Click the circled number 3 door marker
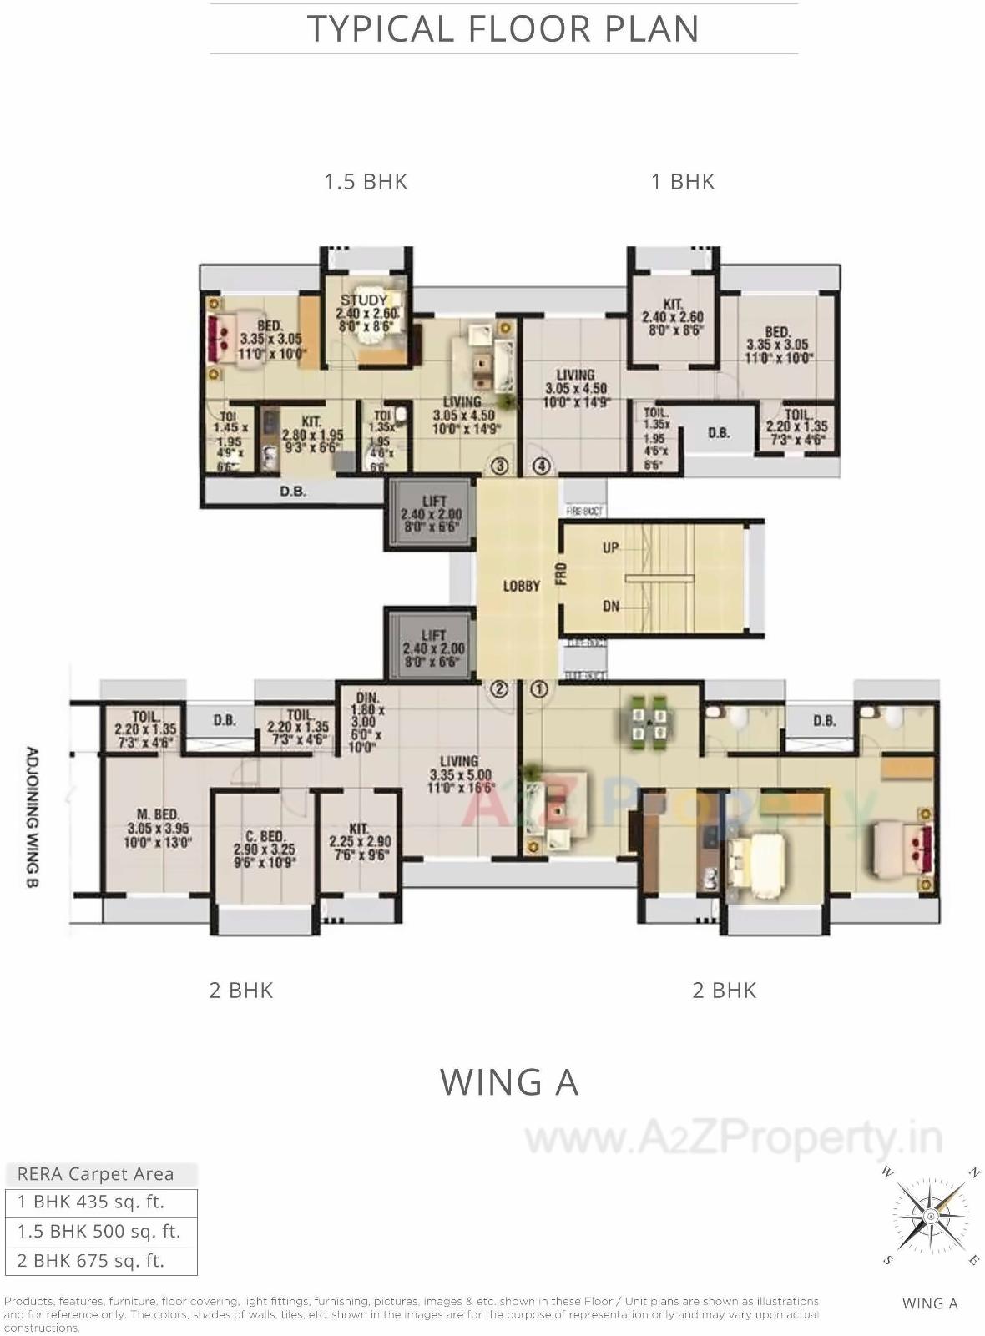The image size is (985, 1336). pos(499,466)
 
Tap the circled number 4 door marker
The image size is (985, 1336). pos(542,466)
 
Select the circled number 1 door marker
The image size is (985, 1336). pos(539,689)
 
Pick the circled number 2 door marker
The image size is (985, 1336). pos(498,689)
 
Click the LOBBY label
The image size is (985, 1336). pos(521,587)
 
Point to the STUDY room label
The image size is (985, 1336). pos(364,300)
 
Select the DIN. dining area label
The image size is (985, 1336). pos(367,698)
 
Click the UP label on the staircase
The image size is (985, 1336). pos(611,547)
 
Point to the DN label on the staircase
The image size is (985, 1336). pos(611,606)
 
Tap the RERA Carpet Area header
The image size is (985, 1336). pos(96,1174)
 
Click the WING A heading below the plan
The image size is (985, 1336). pos(509,1082)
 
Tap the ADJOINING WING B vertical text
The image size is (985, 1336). pos(32,817)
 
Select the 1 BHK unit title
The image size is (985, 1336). pos(683,181)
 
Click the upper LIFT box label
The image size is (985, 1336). pos(434,502)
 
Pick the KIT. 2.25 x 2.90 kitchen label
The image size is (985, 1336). pos(359,829)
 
